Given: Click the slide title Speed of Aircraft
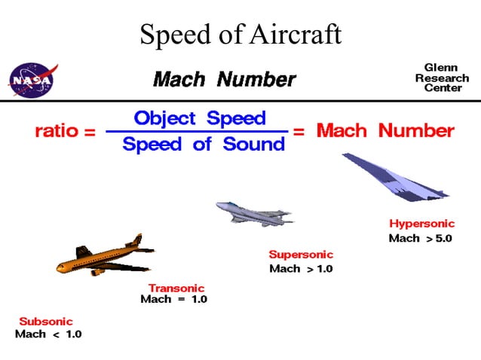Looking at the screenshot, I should [x=240, y=34].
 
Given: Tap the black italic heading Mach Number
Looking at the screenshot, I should [x=224, y=79].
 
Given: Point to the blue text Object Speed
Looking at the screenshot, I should [x=199, y=118].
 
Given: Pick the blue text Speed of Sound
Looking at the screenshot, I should [x=204, y=145].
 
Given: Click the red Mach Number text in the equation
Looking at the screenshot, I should [x=385, y=131].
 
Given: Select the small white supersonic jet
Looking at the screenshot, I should [x=252, y=212].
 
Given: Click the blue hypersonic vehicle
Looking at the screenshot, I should [x=395, y=178].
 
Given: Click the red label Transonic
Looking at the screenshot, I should [x=176, y=288].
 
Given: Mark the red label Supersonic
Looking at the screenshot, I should [x=300, y=255].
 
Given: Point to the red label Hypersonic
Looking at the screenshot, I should [x=422, y=224].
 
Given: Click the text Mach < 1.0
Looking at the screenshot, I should [x=48, y=334].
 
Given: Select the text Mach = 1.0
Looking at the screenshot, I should [x=173, y=300].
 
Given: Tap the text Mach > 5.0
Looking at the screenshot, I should [x=420, y=238].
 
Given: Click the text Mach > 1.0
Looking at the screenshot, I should [x=300, y=268].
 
